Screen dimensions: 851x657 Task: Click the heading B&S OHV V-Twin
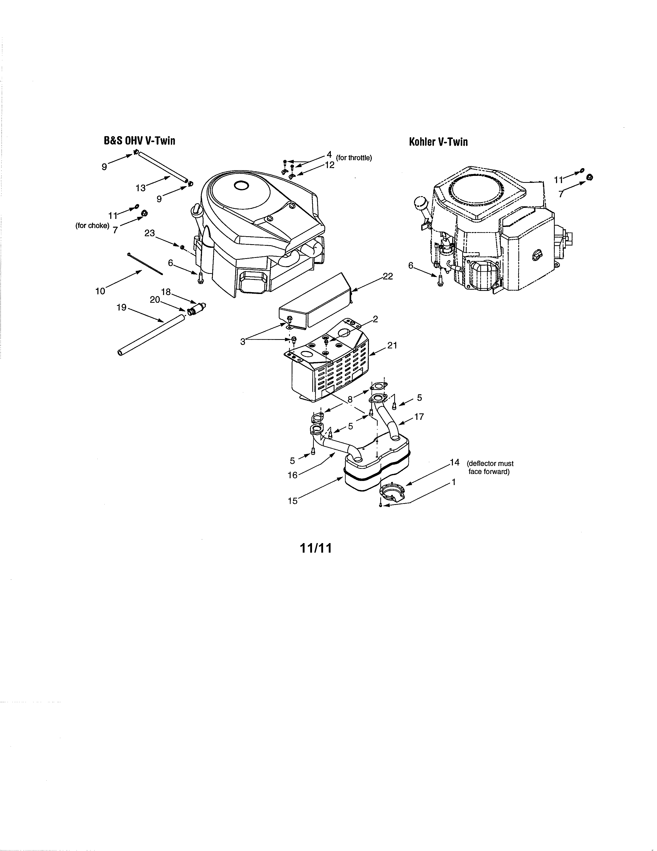(139, 141)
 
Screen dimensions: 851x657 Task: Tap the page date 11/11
(316, 548)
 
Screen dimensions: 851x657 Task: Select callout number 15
(292, 501)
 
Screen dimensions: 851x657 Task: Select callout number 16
(292, 475)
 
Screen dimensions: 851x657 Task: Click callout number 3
(243, 342)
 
